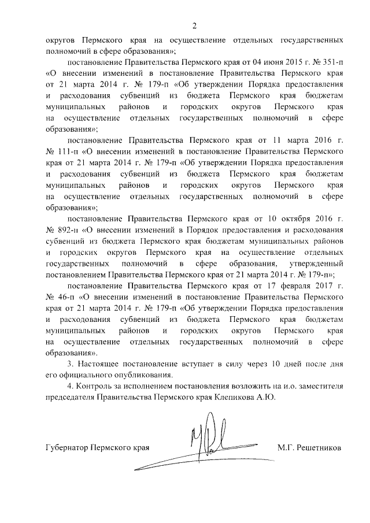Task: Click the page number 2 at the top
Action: [195, 25]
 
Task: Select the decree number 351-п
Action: [331, 62]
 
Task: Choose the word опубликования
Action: [127, 374]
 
